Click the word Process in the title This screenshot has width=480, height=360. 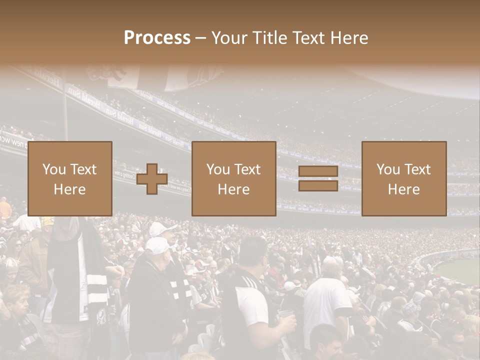(157, 38)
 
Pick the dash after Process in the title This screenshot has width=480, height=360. (200, 39)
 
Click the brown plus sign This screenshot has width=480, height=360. (152, 179)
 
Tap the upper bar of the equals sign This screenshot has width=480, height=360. (318, 171)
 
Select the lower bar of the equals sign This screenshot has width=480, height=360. (318, 186)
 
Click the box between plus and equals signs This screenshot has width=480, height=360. (234, 179)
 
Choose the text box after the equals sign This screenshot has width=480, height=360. (404, 179)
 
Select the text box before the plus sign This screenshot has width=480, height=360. (70, 179)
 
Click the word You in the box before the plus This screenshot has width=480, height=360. (54, 169)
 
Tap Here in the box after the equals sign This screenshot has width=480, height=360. (404, 189)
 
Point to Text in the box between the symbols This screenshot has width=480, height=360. (248, 169)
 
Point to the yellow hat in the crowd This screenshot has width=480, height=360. (47, 221)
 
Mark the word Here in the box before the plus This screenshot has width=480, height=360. (70, 189)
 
